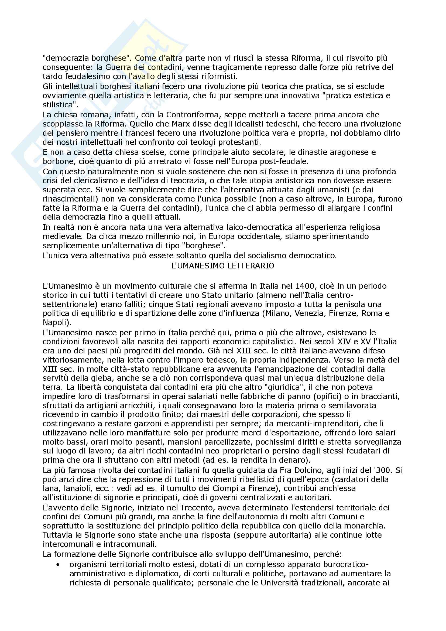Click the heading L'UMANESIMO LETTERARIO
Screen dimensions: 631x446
(223, 266)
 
